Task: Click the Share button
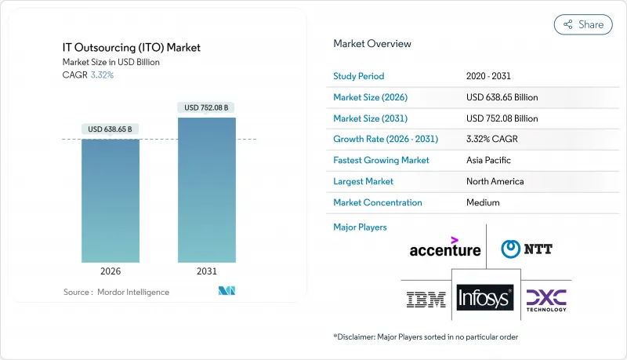click(x=583, y=24)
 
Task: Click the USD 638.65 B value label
click(x=111, y=129)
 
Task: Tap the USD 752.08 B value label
click(x=207, y=107)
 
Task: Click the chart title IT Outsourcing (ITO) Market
click(x=132, y=48)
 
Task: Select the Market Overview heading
click(x=371, y=44)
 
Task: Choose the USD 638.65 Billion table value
click(x=502, y=97)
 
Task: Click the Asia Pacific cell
click(x=487, y=160)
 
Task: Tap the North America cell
click(x=494, y=181)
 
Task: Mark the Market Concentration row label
click(x=378, y=202)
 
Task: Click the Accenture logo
click(x=445, y=248)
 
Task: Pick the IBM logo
click(x=426, y=298)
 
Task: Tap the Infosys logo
click(x=484, y=298)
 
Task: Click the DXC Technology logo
click(x=546, y=298)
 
